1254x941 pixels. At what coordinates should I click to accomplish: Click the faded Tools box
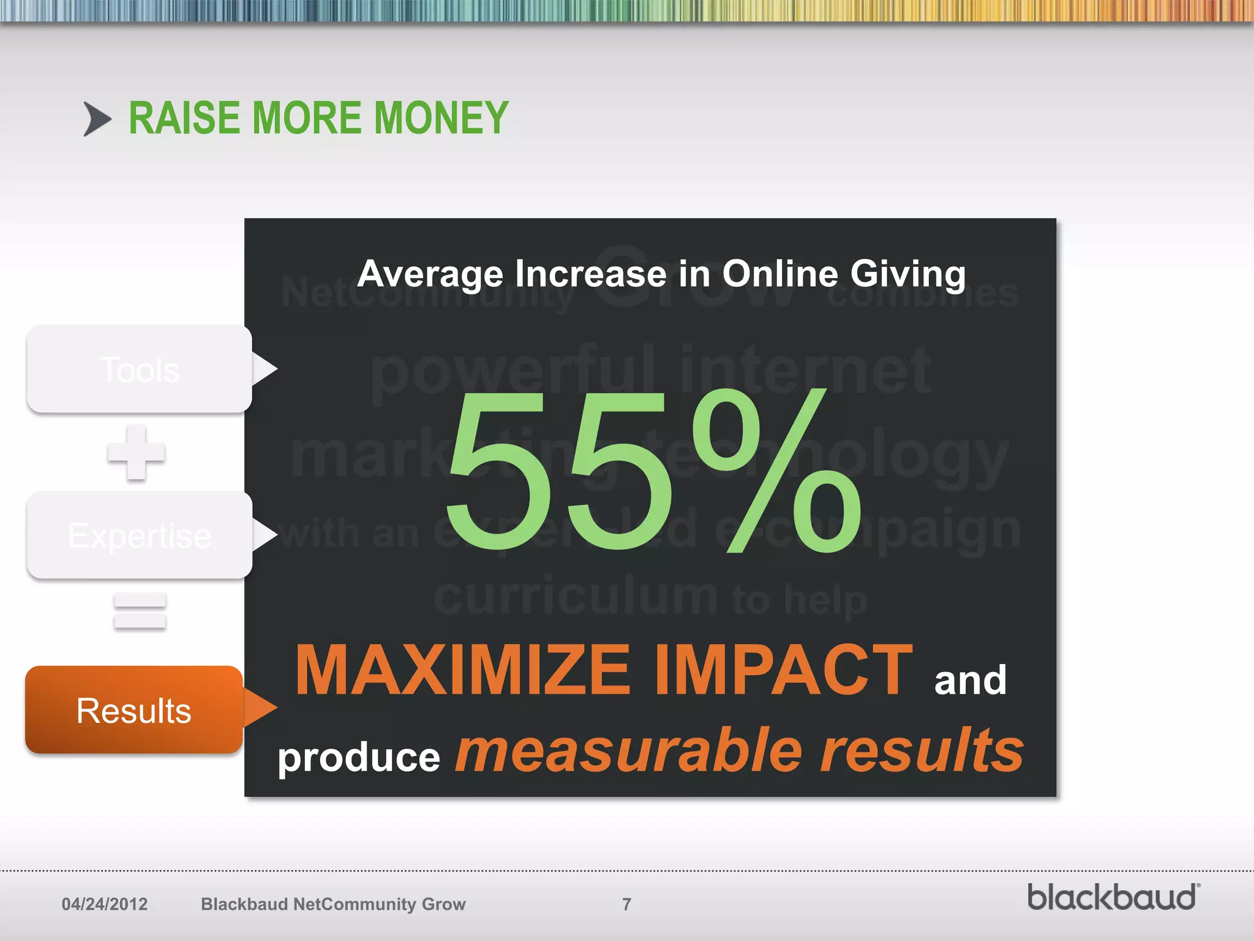pos(140,369)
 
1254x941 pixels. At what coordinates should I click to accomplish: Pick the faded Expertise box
pos(140,535)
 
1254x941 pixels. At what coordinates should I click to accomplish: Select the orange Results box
pos(134,710)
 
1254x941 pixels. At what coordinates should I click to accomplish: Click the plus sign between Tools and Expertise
pos(136,453)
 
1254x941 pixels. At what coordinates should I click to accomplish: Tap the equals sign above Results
pos(140,611)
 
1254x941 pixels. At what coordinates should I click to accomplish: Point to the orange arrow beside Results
pos(261,708)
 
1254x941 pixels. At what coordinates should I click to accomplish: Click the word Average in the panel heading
pos(430,273)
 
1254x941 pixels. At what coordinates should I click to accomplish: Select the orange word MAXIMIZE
pos(462,670)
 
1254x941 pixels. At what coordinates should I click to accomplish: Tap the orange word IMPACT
pos(784,670)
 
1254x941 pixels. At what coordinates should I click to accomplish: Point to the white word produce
pos(359,757)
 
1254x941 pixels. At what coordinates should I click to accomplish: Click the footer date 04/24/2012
pos(105,904)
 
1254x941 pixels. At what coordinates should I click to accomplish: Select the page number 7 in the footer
pos(626,904)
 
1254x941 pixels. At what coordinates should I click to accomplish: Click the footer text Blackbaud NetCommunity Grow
pos(333,904)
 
